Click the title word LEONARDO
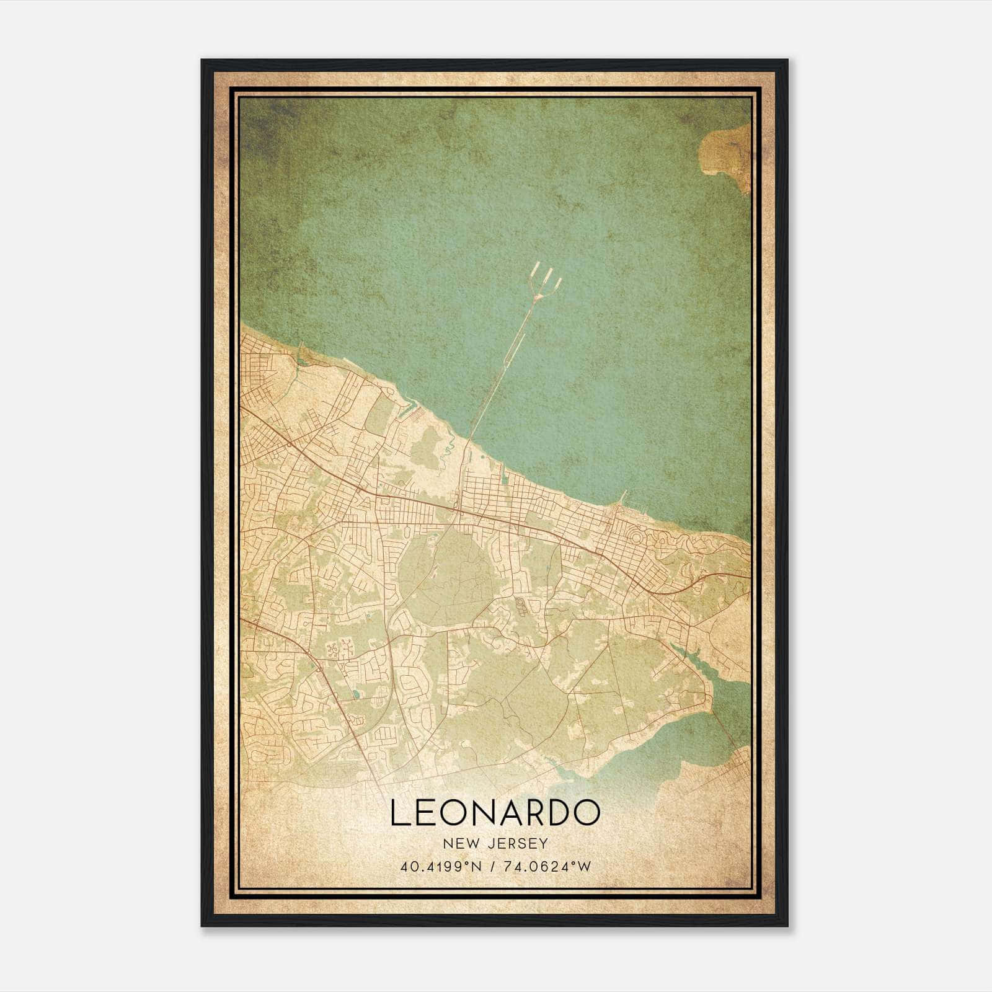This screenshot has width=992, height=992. (495, 813)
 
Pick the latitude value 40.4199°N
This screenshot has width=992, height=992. (441, 866)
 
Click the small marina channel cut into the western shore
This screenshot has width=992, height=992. (406, 409)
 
